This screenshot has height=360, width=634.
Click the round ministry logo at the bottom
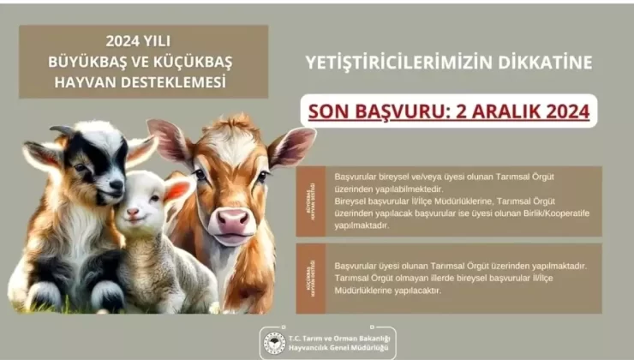(x=274, y=343)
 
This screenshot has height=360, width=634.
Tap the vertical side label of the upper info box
(x=309, y=201)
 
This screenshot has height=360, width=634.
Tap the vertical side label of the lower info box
(x=309, y=279)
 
